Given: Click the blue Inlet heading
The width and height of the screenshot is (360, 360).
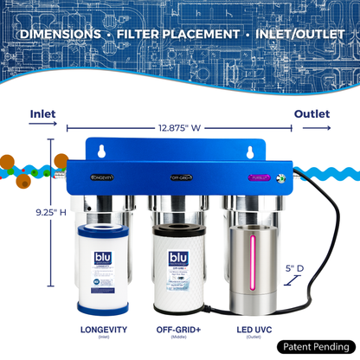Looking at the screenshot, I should [43, 113].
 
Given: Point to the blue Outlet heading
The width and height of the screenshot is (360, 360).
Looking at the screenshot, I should [312, 113].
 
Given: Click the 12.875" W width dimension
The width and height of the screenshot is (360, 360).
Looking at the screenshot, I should [179, 128].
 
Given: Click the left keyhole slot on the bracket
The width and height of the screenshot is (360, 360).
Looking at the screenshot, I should [101, 151].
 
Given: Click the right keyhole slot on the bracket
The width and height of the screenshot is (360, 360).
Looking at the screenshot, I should [251, 151].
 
